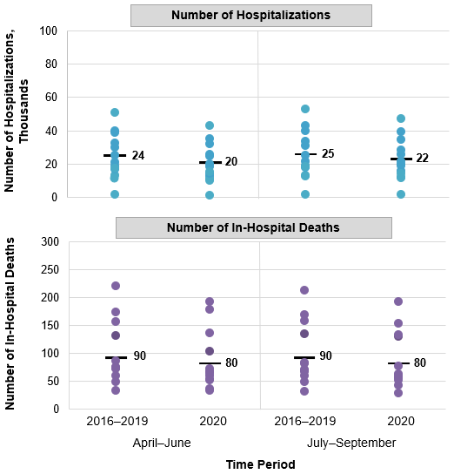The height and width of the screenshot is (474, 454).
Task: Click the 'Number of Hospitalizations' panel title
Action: [x=250, y=16]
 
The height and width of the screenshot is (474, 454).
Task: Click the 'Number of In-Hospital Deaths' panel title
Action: [x=253, y=228]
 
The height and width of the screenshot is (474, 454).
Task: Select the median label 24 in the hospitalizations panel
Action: [x=137, y=156]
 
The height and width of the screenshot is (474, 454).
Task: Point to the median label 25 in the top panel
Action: [x=328, y=154]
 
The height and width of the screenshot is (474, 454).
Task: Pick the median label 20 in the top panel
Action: [x=232, y=162]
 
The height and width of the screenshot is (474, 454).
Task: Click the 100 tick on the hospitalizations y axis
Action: [x=49, y=31]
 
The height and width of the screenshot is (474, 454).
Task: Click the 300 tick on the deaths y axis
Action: [x=49, y=242]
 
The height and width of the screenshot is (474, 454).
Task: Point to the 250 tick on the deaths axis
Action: [x=49, y=270]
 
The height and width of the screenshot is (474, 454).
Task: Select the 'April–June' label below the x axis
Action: [x=162, y=443]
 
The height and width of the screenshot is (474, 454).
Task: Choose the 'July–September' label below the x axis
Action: [x=351, y=443]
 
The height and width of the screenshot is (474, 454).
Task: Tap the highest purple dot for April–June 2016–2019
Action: [x=115, y=286]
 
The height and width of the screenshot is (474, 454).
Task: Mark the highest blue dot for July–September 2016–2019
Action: [x=304, y=109]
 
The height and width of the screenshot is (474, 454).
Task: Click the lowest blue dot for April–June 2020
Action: [x=210, y=195]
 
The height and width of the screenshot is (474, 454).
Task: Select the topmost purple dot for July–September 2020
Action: [x=398, y=301]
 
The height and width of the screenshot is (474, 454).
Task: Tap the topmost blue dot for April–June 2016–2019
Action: [x=115, y=112]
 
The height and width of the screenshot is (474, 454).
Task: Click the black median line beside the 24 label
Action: [x=115, y=156]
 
